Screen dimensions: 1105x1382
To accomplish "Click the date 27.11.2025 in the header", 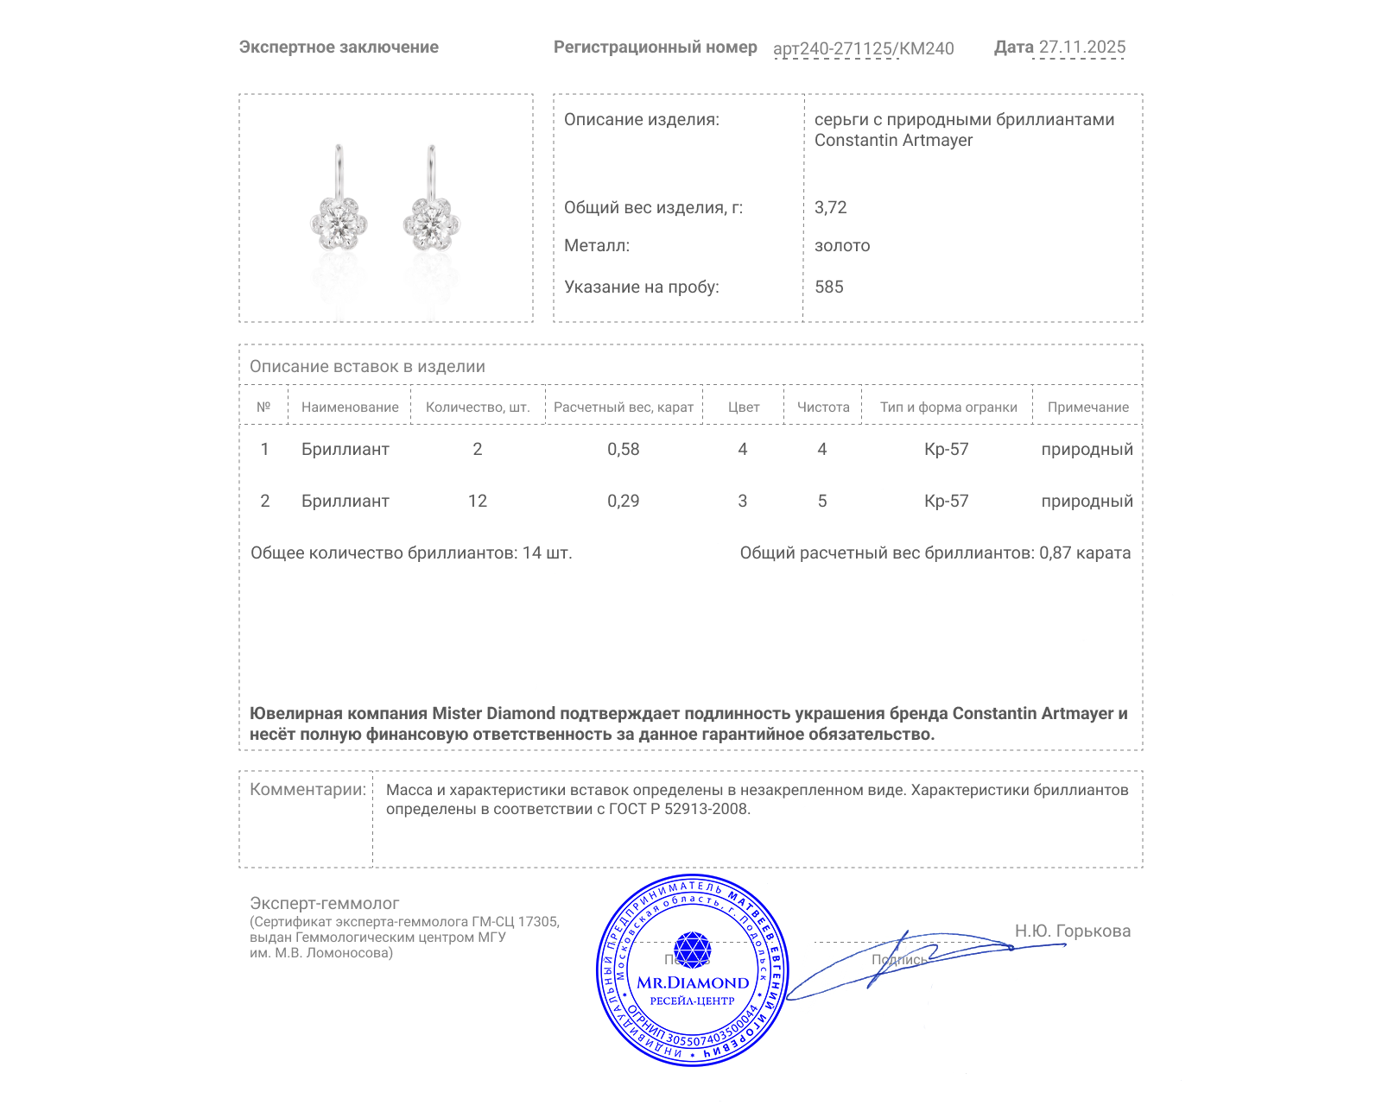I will coord(1081,47).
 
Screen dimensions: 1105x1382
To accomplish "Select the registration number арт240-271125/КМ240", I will coord(863,48).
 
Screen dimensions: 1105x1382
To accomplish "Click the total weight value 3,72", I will coord(830,207).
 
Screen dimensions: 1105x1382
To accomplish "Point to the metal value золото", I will coord(842,245).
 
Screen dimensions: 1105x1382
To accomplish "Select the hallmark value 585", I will coord(828,287).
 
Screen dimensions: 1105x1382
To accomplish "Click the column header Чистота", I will coord(822,407).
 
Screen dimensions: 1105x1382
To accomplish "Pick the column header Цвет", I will coord(743,407).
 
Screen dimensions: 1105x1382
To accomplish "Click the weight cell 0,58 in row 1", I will coord(623,449).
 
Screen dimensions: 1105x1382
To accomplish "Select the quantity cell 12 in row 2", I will coord(478,501).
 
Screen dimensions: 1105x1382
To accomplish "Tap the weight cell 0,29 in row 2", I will coord(623,501).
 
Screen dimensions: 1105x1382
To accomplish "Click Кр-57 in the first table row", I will coord(946,449).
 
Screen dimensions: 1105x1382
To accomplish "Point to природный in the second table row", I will coord(1087,501).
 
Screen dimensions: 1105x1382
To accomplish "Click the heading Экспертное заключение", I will coord(339,47).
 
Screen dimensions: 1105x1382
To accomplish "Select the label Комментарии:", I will coord(307,789).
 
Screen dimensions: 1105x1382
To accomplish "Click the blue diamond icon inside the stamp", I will coord(692,950).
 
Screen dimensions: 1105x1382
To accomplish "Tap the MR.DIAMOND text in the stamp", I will coord(693,982).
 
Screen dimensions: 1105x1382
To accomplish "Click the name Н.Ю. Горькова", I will coord(1072,931).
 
